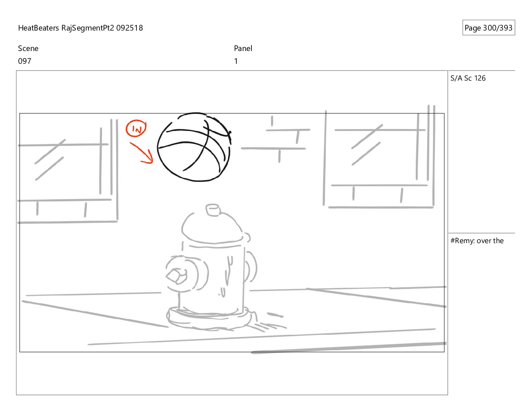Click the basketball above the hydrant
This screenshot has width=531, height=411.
point(194,147)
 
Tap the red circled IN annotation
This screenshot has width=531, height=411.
point(136,128)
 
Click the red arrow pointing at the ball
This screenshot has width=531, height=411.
point(142,153)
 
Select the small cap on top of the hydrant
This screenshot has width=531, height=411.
point(213,210)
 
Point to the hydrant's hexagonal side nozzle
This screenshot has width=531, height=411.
point(176,276)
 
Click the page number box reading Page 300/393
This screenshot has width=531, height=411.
point(488,28)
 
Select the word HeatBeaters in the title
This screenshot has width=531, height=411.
point(39,28)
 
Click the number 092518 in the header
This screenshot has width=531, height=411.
point(129,28)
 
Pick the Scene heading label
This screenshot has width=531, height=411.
point(28,48)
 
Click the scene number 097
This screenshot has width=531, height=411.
point(25,61)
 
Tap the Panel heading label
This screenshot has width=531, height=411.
point(243,48)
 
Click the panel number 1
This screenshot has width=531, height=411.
point(236,61)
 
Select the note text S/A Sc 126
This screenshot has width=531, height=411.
point(468,78)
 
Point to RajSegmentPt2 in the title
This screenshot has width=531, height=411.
point(88,28)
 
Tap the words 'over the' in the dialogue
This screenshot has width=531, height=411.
point(490,241)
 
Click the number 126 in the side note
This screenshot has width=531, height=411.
point(480,78)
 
